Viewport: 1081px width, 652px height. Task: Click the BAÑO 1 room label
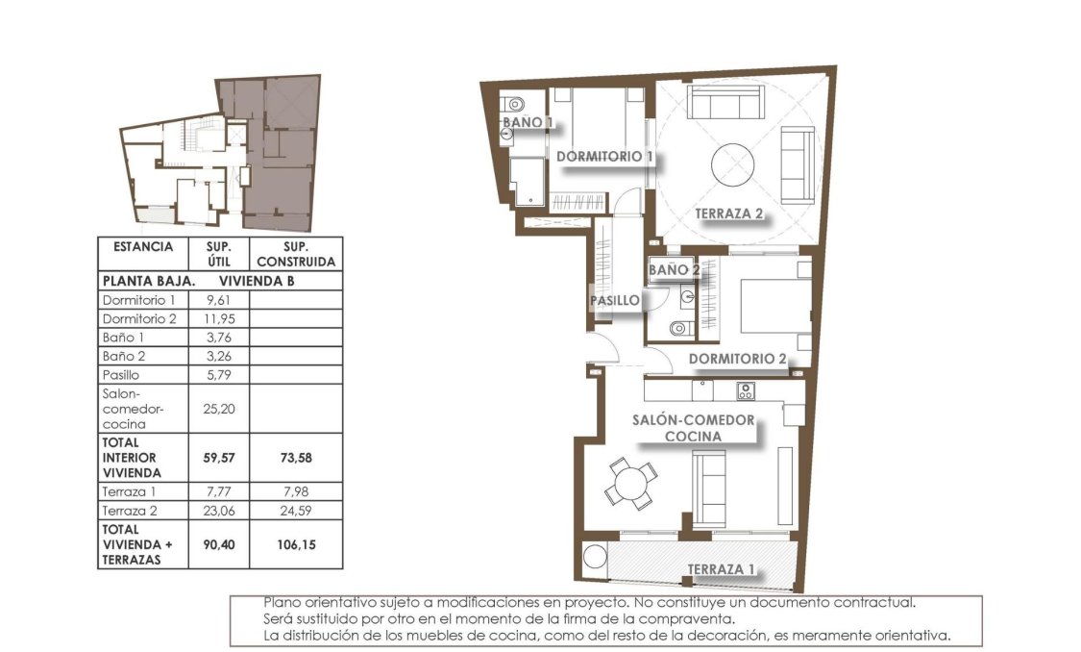(x=528, y=123)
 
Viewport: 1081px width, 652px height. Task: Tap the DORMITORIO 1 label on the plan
(x=604, y=156)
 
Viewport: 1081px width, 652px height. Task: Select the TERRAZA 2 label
(x=729, y=214)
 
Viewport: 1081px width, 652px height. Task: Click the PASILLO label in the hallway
(x=615, y=301)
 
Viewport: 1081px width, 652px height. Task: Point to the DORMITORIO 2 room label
(x=738, y=360)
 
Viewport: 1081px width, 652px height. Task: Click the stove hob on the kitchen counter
(x=746, y=390)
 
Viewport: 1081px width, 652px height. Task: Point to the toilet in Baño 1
(x=513, y=102)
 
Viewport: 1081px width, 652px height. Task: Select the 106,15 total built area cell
(x=295, y=544)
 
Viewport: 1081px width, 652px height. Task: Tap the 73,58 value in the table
(x=295, y=458)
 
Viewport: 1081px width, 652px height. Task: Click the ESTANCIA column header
(x=143, y=247)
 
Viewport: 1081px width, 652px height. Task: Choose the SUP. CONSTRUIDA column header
(x=295, y=254)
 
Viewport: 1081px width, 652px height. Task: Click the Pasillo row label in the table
(x=120, y=375)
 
